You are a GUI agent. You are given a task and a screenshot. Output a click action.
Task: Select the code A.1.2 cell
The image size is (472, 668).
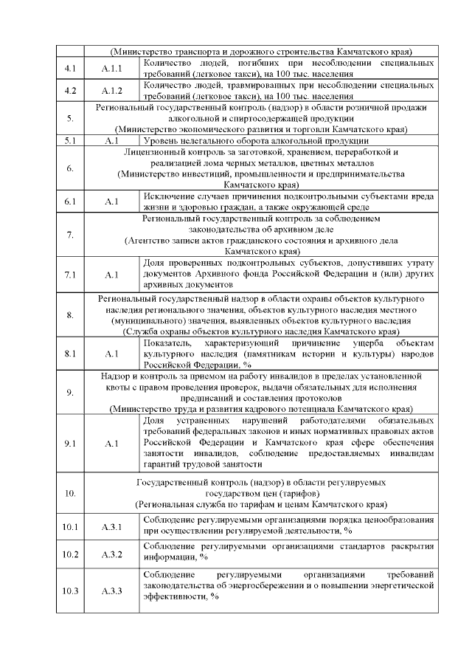[x=111, y=91]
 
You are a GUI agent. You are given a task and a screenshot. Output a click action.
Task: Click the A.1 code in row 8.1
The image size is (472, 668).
[x=111, y=354]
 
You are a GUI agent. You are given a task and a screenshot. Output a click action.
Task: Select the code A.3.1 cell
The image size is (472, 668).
[x=111, y=526]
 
